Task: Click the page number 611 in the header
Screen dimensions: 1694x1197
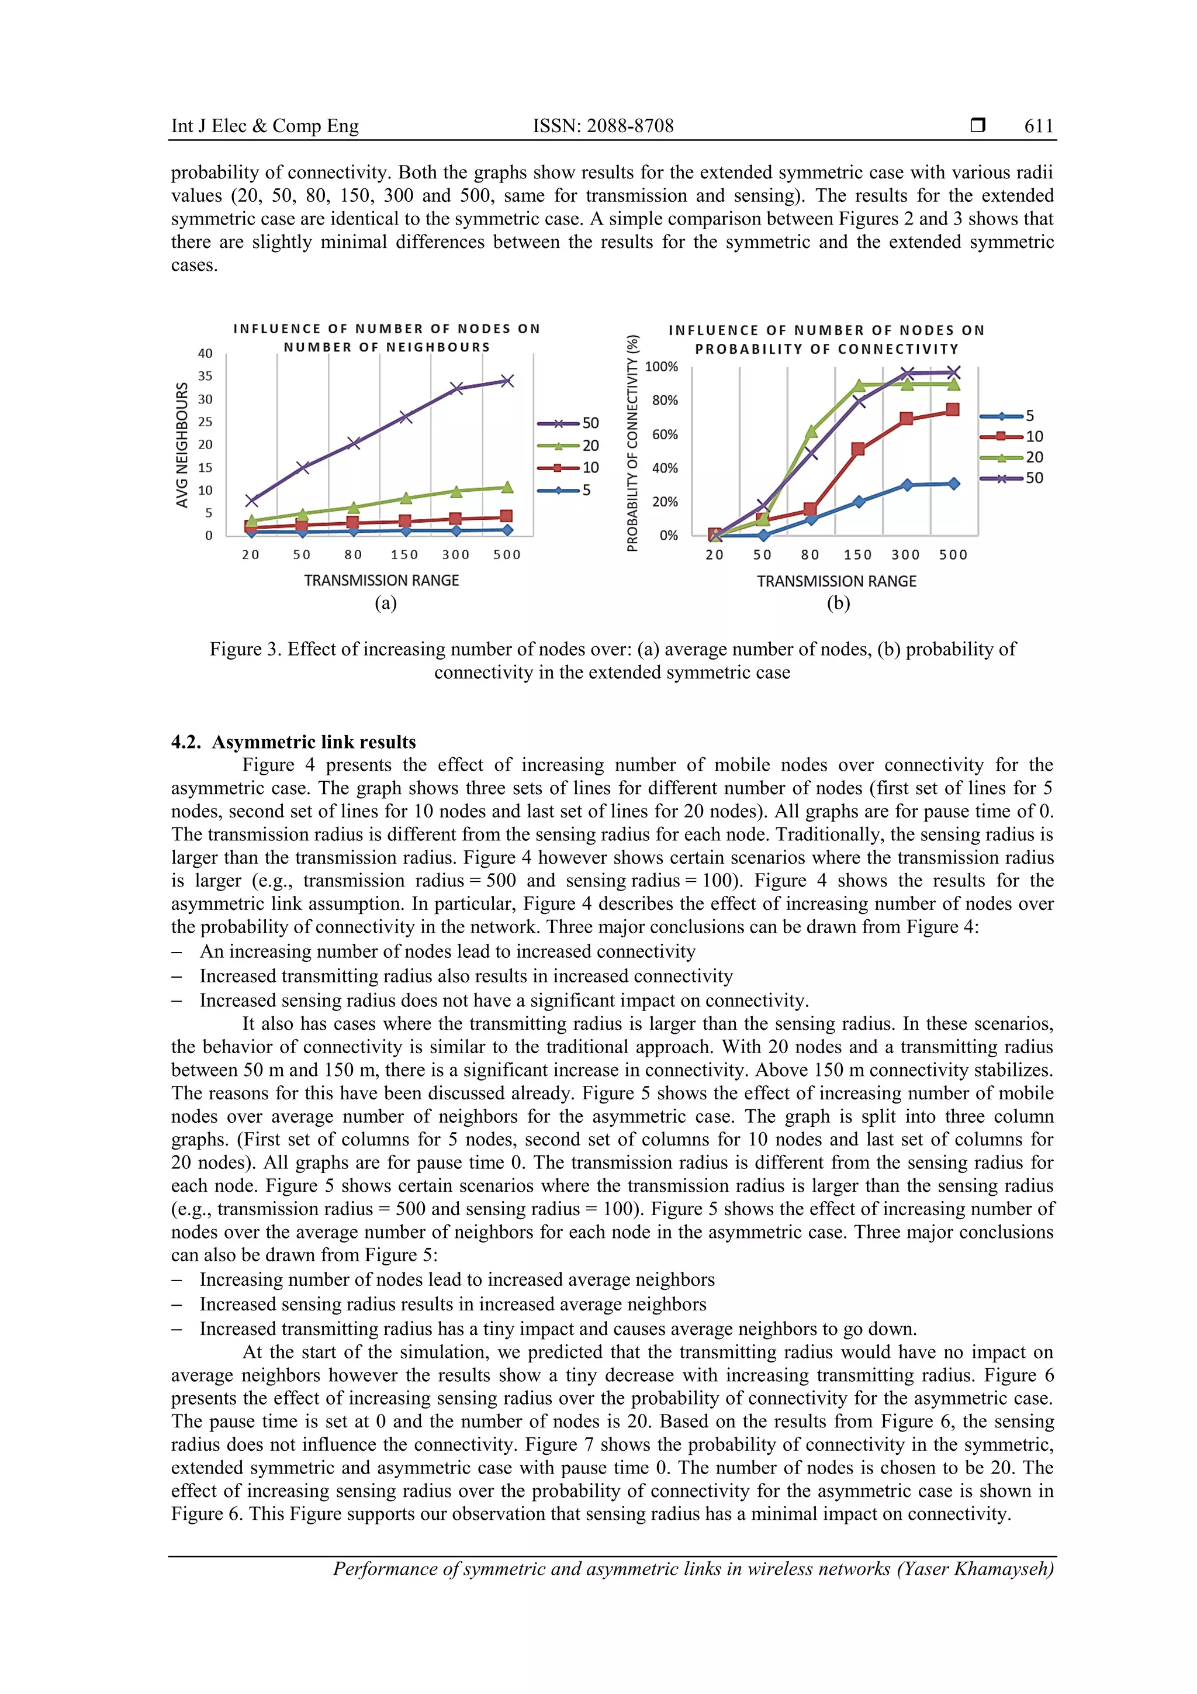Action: tap(1039, 126)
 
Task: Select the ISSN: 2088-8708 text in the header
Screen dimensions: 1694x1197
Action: tap(603, 126)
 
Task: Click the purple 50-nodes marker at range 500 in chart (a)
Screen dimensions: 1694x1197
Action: tap(507, 381)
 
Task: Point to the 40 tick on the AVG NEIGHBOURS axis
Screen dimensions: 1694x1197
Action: tap(205, 353)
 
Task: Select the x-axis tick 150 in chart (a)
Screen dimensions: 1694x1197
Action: tap(404, 555)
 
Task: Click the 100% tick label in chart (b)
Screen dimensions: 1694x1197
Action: tap(661, 367)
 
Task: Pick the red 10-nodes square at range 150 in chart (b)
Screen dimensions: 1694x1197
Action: tap(858, 449)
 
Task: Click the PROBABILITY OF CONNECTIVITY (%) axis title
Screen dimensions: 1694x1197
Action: tap(632, 443)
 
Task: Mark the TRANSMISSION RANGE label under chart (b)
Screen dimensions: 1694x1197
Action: tap(836, 581)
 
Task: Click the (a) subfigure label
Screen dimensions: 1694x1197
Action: tap(386, 603)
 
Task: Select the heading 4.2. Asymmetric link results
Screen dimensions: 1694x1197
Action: tap(293, 741)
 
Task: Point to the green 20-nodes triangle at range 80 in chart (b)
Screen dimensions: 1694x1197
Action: tap(811, 431)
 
